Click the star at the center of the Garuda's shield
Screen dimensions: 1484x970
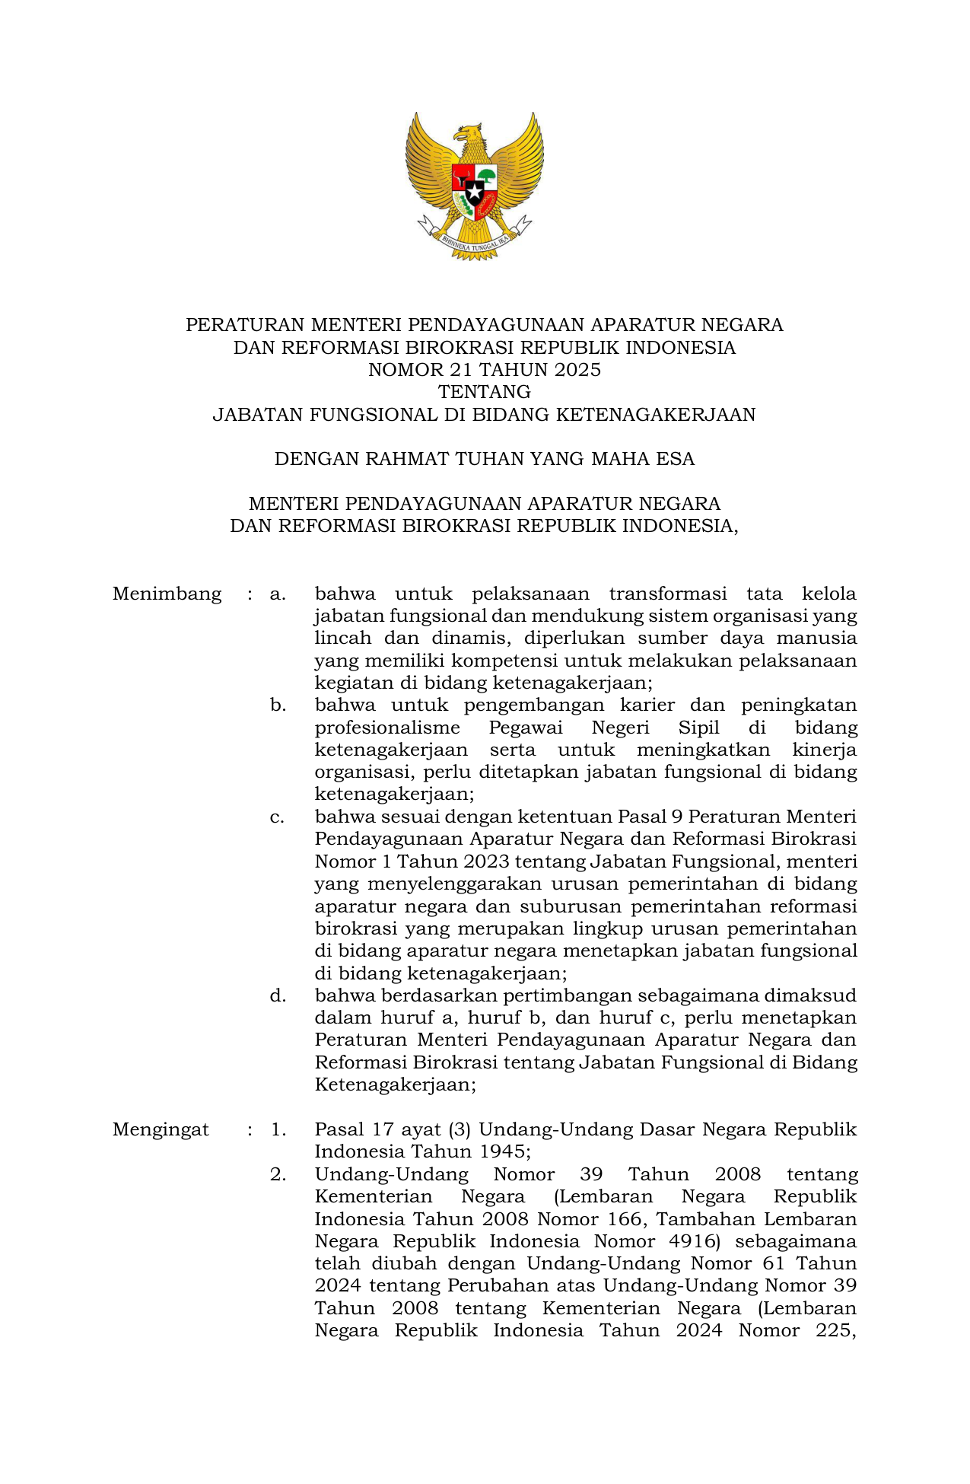[475, 191]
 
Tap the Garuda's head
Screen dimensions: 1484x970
[469, 134]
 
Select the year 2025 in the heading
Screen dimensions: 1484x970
[577, 370]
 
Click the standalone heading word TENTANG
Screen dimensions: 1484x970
[485, 392]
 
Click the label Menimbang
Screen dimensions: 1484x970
[167, 594]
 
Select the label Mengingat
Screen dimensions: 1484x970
[161, 1129]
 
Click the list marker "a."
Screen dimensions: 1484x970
[278, 594]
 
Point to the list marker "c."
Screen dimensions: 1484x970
[278, 817]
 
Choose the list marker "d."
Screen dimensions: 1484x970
[278, 995]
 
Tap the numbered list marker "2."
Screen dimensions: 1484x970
[278, 1174]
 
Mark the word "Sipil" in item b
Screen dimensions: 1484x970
[699, 728]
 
